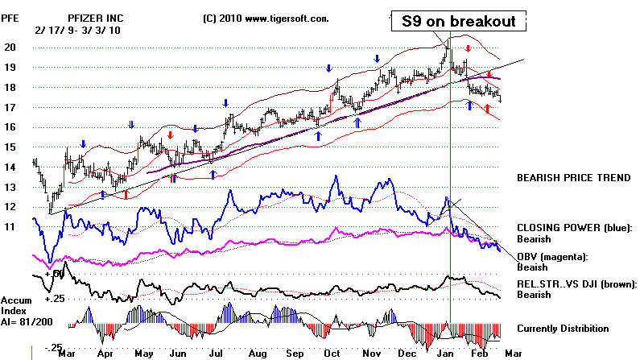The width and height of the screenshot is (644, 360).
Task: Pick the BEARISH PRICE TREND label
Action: click(572, 176)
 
